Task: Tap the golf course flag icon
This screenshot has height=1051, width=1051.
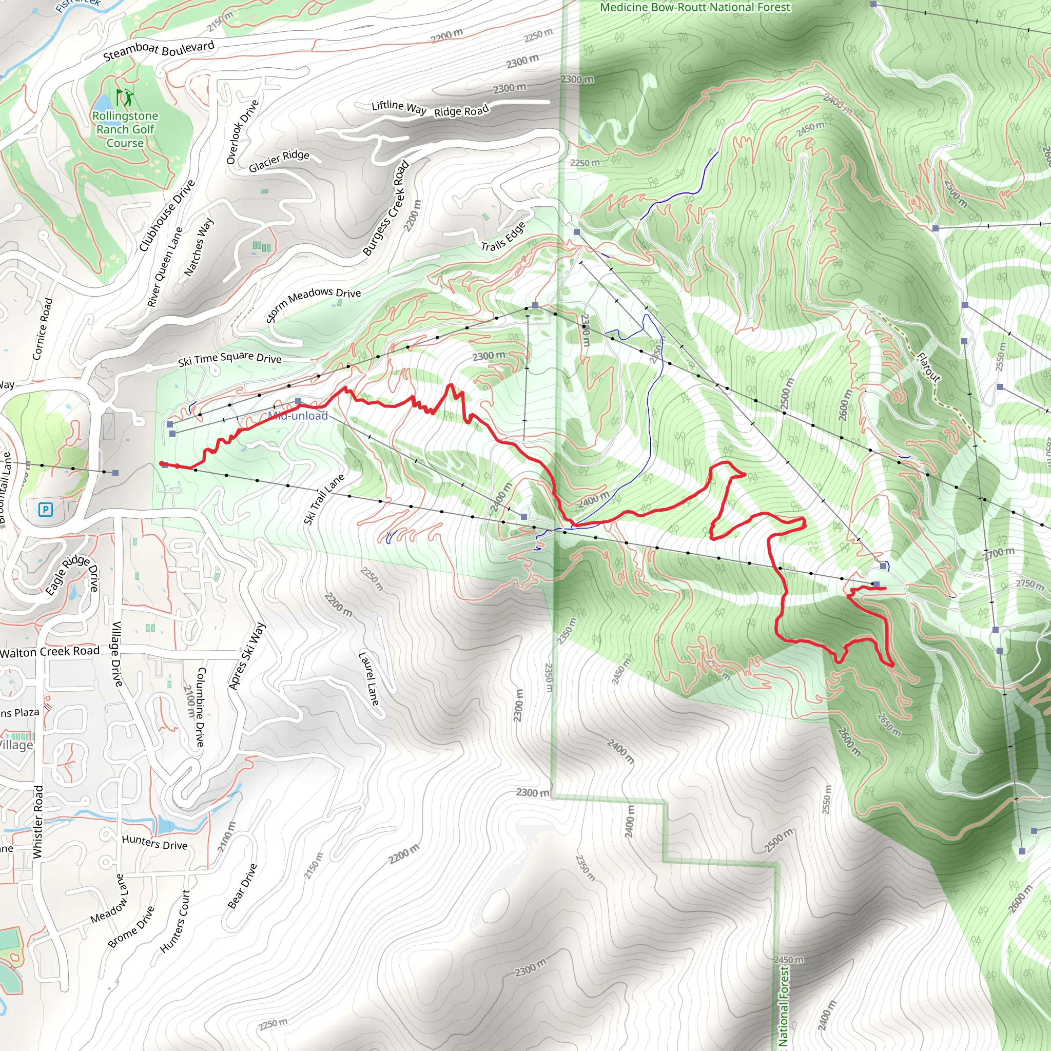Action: coord(125,98)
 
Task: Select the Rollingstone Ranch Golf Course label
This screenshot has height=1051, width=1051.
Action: coord(125,129)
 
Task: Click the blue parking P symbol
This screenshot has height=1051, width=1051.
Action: coord(46,510)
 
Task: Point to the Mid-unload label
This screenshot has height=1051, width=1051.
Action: coord(298,416)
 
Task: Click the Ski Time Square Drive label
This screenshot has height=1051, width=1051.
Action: coord(229,359)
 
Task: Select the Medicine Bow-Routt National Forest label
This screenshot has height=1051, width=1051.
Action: coord(695,7)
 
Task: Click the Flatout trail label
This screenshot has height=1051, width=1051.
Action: coord(928,367)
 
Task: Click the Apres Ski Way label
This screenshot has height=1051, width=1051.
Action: coord(246,656)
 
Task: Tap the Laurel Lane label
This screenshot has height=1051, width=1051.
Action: coord(369,679)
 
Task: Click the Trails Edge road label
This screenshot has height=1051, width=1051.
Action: coord(503,237)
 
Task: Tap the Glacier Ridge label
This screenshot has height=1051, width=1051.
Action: coord(279,161)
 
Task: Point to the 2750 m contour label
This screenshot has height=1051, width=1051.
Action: coord(1030,583)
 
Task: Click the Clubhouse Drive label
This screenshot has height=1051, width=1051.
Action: coord(166,216)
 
